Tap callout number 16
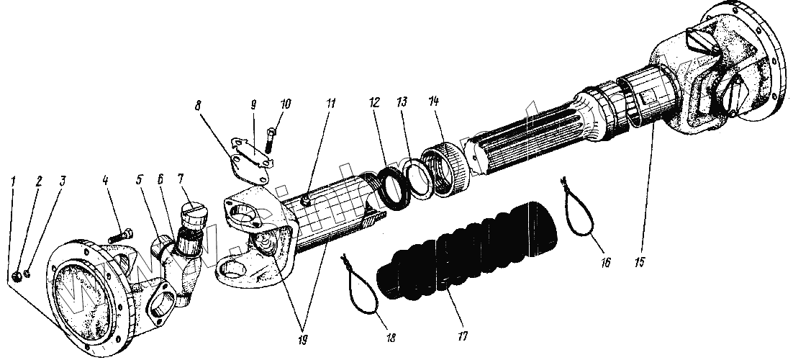[602, 262]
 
